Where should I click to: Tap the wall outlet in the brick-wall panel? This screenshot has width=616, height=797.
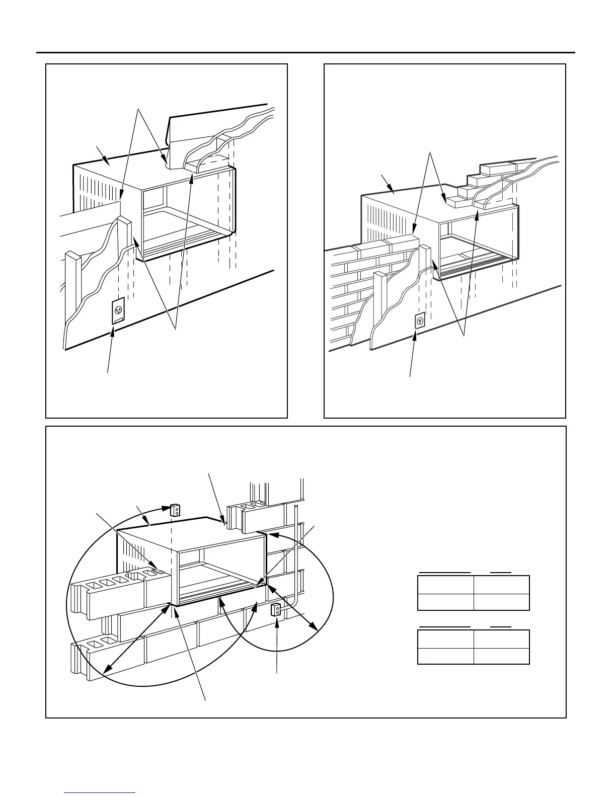(420, 320)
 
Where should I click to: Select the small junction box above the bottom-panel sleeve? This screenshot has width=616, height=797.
(175, 510)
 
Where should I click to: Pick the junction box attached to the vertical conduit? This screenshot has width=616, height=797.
(276, 610)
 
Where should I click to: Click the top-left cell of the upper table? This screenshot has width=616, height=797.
(445, 585)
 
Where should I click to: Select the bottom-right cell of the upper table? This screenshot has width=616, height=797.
(501, 602)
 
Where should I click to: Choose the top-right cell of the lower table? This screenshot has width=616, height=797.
(501, 639)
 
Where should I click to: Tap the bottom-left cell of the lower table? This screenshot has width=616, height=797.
(445, 656)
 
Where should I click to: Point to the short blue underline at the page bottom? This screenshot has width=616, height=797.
(100, 793)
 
